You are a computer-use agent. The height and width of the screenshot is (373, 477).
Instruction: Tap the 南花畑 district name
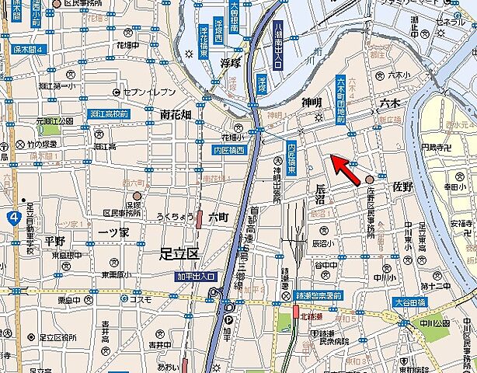pyautogui.click(x=176, y=114)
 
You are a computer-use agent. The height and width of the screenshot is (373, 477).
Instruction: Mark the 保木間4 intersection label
pyautogui.click(x=30, y=50)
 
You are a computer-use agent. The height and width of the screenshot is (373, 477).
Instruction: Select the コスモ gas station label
pyautogui.click(x=140, y=300)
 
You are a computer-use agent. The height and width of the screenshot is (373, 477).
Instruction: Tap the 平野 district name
pyautogui.click(x=54, y=240)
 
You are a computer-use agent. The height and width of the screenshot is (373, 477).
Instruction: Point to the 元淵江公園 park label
pyautogui.click(x=47, y=121)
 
